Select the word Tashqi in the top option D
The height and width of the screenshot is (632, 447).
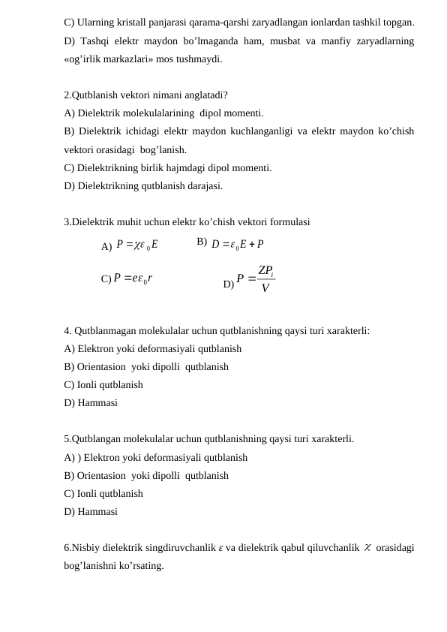click(96, 41)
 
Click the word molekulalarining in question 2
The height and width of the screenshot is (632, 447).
click(162, 113)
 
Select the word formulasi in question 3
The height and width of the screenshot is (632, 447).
click(288, 221)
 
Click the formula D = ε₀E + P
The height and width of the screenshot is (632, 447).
click(237, 243)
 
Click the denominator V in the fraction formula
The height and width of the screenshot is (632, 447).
click(265, 287)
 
